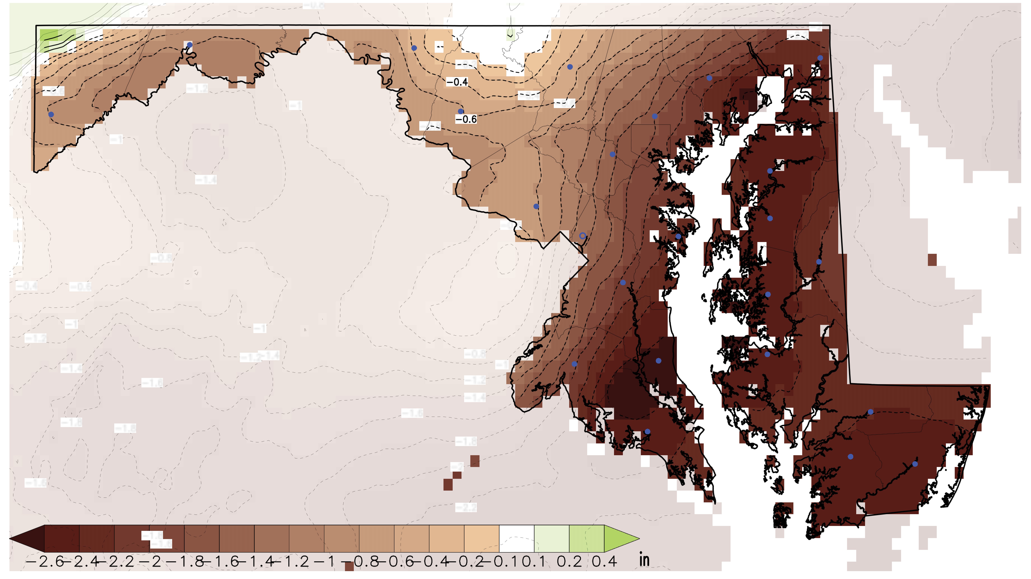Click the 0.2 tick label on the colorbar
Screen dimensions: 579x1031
pyautogui.click(x=569, y=562)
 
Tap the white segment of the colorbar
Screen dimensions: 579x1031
pyautogui.click(x=516, y=539)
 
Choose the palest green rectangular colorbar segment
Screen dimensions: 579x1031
pyautogui.click(x=552, y=539)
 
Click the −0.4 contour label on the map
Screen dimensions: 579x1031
pyautogui.click(x=457, y=82)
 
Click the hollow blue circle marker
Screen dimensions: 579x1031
pyautogui.click(x=583, y=236)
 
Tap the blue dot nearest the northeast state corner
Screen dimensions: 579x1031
pyautogui.click(x=820, y=58)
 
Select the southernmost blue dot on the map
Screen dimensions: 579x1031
pyautogui.click(x=915, y=464)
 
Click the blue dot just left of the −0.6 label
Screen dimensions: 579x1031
pyautogui.click(x=461, y=111)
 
